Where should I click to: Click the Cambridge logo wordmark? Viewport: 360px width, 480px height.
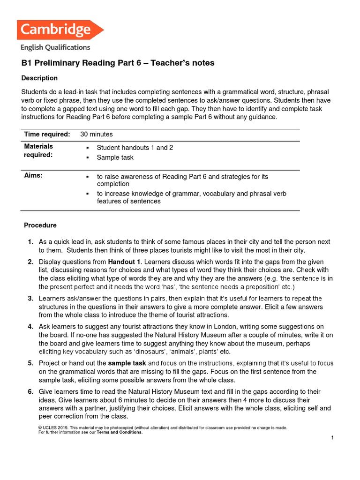(x=55, y=30)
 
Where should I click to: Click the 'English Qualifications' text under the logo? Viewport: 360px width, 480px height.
(x=55, y=47)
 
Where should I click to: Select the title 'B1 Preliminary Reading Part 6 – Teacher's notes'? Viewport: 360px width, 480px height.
(x=118, y=63)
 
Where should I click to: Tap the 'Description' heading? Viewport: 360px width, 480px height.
(x=40, y=78)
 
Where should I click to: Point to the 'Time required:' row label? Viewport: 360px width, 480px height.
(x=47, y=135)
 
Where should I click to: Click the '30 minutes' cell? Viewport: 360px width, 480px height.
(x=97, y=135)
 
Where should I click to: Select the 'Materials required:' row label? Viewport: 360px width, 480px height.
(x=38, y=150)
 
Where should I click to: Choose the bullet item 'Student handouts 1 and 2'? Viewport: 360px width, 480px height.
(x=135, y=148)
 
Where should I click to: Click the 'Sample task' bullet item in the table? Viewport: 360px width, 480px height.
(x=115, y=157)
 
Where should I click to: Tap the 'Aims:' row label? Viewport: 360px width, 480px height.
(x=33, y=175)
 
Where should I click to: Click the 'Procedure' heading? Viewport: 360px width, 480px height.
(x=40, y=225)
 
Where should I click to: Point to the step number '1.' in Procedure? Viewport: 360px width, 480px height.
(x=30, y=242)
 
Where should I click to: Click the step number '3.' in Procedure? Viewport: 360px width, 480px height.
(x=30, y=298)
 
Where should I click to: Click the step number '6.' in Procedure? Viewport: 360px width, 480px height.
(x=30, y=391)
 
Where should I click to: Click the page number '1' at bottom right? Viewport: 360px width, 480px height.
(x=332, y=438)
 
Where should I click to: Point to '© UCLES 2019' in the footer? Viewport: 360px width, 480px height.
(x=52, y=428)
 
